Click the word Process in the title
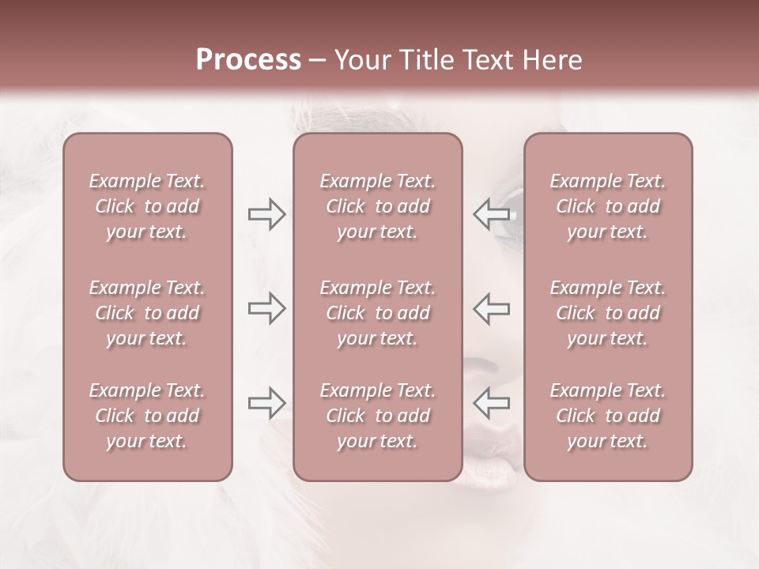pos(248,60)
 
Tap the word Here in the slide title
pos(549,60)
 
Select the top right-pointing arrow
pos(266,214)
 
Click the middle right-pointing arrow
pos(266,308)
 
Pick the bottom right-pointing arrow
pos(266,403)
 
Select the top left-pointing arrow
pos(492,213)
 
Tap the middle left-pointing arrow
pos(492,308)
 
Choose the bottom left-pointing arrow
pos(492,402)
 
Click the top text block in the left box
pos(147,206)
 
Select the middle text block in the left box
pos(147,313)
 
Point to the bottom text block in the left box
pos(147,416)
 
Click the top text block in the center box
pos(378,206)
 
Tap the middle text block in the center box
pos(378,313)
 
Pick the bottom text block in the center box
pos(378,416)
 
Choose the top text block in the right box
pos(608,206)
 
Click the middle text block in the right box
pos(608,313)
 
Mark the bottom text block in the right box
pos(608,416)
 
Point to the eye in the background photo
pos(512,216)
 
